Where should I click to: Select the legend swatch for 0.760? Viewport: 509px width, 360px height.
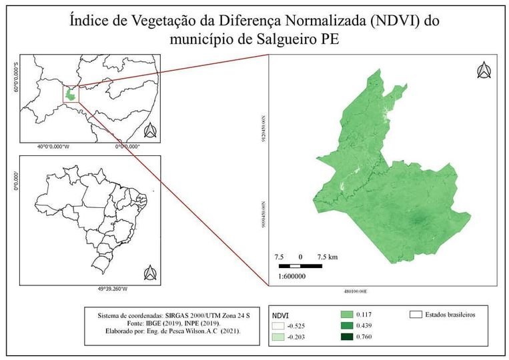coord(346,337)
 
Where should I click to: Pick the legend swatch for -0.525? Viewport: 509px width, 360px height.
coord(278,326)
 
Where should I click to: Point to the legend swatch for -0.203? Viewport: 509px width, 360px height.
coord(278,338)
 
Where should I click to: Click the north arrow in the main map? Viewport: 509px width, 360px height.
coord(484,70)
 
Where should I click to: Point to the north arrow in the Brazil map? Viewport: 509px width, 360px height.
coord(150,272)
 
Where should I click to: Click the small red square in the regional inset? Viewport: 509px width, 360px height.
coord(71,94)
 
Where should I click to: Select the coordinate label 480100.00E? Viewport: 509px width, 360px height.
coord(356,291)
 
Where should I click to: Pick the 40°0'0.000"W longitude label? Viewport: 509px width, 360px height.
coord(53,147)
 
